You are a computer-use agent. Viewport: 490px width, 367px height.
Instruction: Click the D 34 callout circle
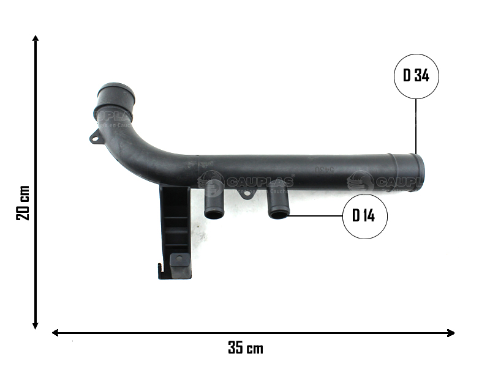click(x=416, y=76)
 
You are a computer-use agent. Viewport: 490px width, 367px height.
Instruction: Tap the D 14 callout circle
click(x=365, y=215)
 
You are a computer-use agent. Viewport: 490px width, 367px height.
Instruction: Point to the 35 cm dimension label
click(x=246, y=349)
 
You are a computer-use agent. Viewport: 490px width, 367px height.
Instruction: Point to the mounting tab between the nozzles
click(x=246, y=194)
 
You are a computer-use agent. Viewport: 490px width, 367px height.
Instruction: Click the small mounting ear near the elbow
click(x=95, y=138)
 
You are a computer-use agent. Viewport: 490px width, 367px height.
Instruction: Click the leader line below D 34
click(x=416, y=125)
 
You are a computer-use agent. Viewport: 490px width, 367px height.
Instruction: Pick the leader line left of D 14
click(x=315, y=215)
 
